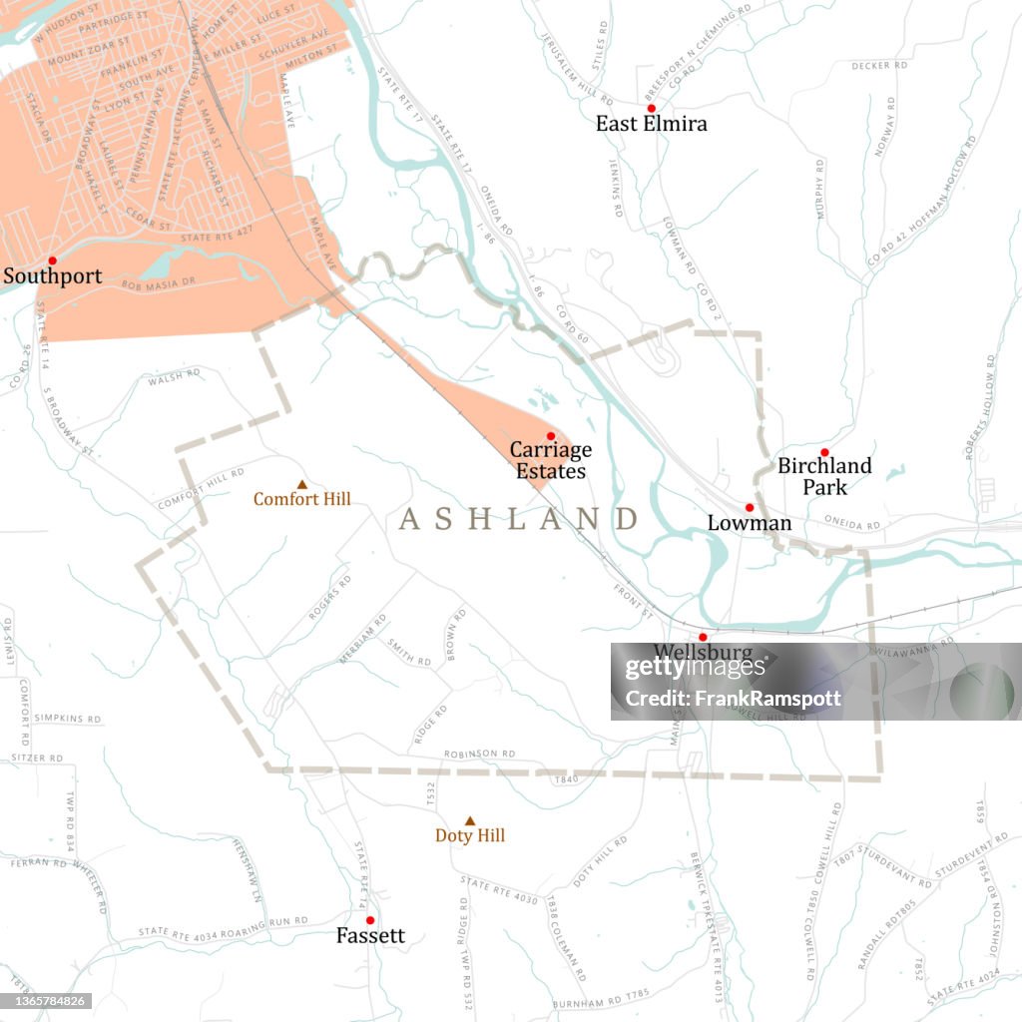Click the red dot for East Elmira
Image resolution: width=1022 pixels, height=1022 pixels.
tap(651, 108)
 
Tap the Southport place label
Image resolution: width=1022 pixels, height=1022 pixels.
tap(52, 276)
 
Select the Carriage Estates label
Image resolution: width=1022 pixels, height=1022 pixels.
tap(550, 460)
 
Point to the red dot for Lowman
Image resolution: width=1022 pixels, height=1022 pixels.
tap(750, 508)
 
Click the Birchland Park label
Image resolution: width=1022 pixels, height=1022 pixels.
tap(824, 476)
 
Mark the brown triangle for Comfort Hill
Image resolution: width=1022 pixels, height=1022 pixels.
tap(302, 484)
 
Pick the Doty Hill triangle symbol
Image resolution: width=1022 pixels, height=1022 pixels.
tap(470, 821)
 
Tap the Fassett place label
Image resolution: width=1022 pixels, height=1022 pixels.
tap(370, 936)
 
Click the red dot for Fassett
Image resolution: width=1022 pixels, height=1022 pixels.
tap(369, 920)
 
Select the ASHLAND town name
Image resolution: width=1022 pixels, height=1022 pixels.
tap(518, 519)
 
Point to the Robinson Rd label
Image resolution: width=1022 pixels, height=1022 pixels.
tap(479, 754)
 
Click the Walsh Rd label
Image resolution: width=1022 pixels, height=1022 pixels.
tap(174, 377)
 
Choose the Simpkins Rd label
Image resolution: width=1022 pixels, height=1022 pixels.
tap(68, 718)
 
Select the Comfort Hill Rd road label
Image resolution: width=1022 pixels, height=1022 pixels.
tap(200, 489)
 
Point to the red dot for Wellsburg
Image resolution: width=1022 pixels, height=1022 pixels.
tap(703, 637)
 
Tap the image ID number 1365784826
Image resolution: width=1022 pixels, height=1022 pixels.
tap(47, 1001)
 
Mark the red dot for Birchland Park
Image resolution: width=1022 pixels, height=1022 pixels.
tap(824, 452)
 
